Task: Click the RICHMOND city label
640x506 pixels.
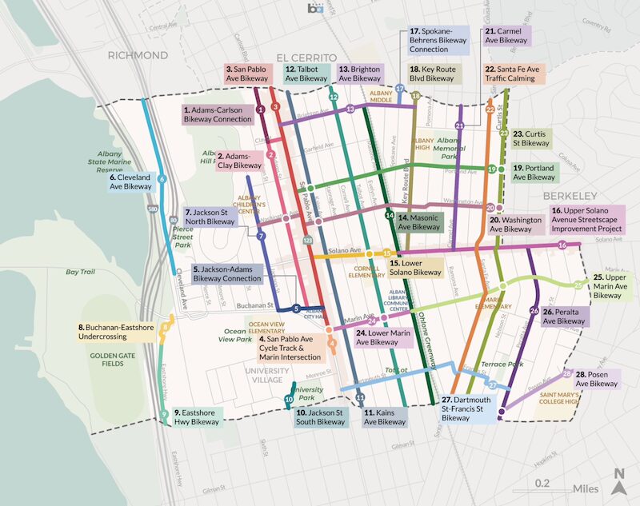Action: point(138,56)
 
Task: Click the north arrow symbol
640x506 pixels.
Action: point(618,475)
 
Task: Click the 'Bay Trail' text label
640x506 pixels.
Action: point(81,273)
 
